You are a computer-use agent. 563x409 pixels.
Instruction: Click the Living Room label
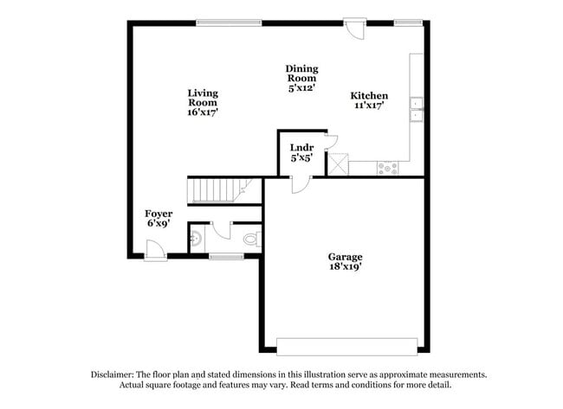pos(203,102)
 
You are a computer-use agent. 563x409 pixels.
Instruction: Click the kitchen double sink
pos(416,109)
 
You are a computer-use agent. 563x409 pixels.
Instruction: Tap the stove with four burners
pos(387,169)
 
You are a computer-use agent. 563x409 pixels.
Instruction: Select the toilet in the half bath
pos(251,239)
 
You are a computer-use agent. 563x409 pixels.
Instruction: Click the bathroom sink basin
pos(195,237)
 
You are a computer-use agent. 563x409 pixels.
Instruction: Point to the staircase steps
pos(217,189)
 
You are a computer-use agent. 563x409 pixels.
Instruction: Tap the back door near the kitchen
pos(353,29)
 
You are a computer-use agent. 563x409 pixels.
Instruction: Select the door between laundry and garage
pos(300,183)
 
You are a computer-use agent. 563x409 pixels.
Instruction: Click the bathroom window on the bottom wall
pos(226,256)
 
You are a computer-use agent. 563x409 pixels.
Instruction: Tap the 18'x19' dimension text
pos(345,267)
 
